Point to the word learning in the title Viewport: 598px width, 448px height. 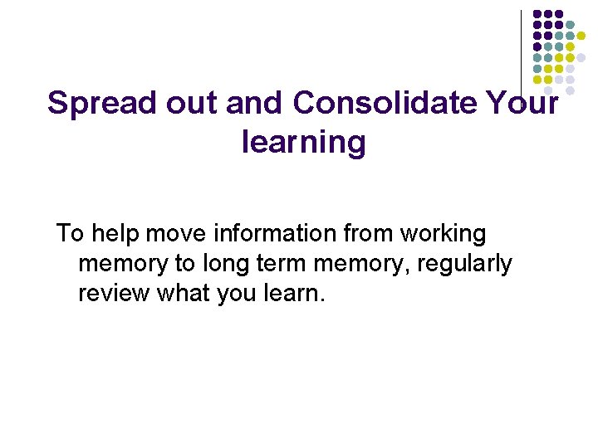(x=303, y=143)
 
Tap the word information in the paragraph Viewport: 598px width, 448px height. (x=275, y=233)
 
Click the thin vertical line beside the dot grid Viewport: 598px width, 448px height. (x=521, y=50)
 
